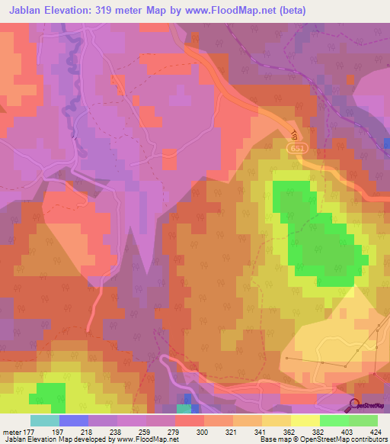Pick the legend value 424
point(376,431)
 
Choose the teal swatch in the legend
point(45,420)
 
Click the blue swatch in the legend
point(74,420)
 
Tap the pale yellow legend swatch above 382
point(305,420)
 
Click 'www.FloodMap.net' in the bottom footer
point(142,439)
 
